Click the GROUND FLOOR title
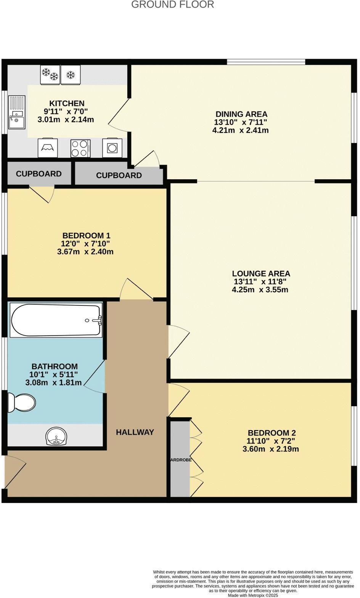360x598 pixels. (x=172, y=5)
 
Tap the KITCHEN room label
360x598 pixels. (x=67, y=103)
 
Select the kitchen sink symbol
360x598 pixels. (x=17, y=113)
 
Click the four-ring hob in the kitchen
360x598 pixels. (x=80, y=148)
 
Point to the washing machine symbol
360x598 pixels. (x=112, y=148)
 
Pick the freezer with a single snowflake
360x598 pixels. (x=71, y=75)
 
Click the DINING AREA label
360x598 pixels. (x=241, y=114)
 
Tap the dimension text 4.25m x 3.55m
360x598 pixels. (x=260, y=290)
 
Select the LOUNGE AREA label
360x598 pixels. (x=261, y=273)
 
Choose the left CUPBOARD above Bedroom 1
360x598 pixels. (x=39, y=174)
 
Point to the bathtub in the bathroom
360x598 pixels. (x=56, y=320)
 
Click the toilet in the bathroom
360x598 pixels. (x=22, y=402)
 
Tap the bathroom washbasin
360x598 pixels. (x=56, y=436)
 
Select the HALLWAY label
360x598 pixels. (x=135, y=432)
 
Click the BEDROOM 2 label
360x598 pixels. (x=272, y=433)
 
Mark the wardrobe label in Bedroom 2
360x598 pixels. (x=180, y=460)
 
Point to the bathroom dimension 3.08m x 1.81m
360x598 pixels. (x=53, y=383)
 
